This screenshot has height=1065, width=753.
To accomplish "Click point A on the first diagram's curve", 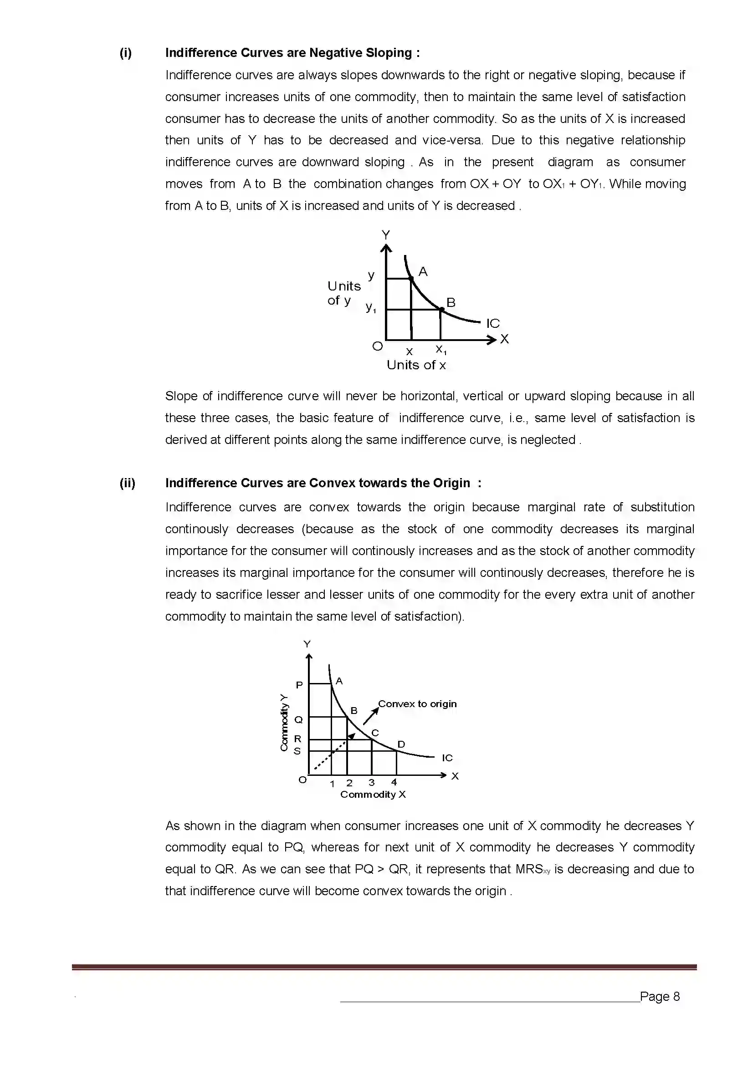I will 411,278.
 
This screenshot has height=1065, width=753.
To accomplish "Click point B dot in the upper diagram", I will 441,309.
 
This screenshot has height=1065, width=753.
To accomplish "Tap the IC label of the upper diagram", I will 493,323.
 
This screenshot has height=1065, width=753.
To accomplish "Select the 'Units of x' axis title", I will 416,365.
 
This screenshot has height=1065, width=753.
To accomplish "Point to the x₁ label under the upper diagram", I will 441,349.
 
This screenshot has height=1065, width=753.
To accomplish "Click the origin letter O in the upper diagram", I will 378,346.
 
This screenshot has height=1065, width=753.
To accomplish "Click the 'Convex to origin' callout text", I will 417,703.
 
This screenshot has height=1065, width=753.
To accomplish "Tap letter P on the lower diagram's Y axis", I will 299,685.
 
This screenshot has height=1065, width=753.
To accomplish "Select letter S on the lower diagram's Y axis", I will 297,751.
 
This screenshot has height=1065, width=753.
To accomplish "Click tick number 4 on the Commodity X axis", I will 394,782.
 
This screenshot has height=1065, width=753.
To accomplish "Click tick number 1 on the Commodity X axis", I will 332,784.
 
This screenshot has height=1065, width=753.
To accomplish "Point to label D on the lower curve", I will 401,744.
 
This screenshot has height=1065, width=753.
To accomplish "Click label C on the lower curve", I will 375,733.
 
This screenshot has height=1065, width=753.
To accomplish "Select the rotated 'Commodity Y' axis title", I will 284,722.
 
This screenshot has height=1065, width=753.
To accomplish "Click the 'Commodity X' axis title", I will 373,795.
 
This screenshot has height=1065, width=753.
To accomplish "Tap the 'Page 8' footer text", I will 659,996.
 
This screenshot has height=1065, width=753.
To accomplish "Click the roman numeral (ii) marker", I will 128,483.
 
